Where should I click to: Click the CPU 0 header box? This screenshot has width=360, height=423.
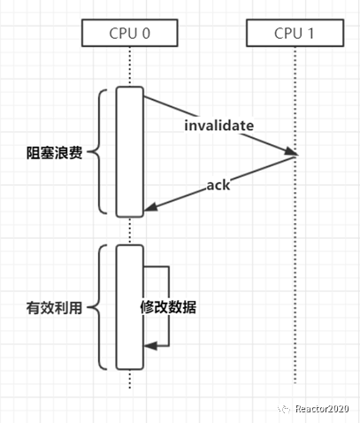tap(130, 34)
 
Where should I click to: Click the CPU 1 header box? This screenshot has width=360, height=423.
tap(294, 34)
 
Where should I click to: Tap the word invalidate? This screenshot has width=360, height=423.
tap(218, 126)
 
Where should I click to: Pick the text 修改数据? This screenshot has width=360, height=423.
tap(169, 308)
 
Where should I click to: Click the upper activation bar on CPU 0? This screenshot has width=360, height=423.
tap(130, 150)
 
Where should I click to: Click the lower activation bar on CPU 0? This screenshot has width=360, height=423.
tap(130, 307)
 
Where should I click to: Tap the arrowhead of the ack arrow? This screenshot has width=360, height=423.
tap(149, 209)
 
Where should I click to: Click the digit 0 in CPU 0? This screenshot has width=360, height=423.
tap(147, 34)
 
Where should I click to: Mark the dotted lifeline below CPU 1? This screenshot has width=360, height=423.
tap(294, 265)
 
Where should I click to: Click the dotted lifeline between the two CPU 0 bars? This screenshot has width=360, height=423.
tap(130, 230)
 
